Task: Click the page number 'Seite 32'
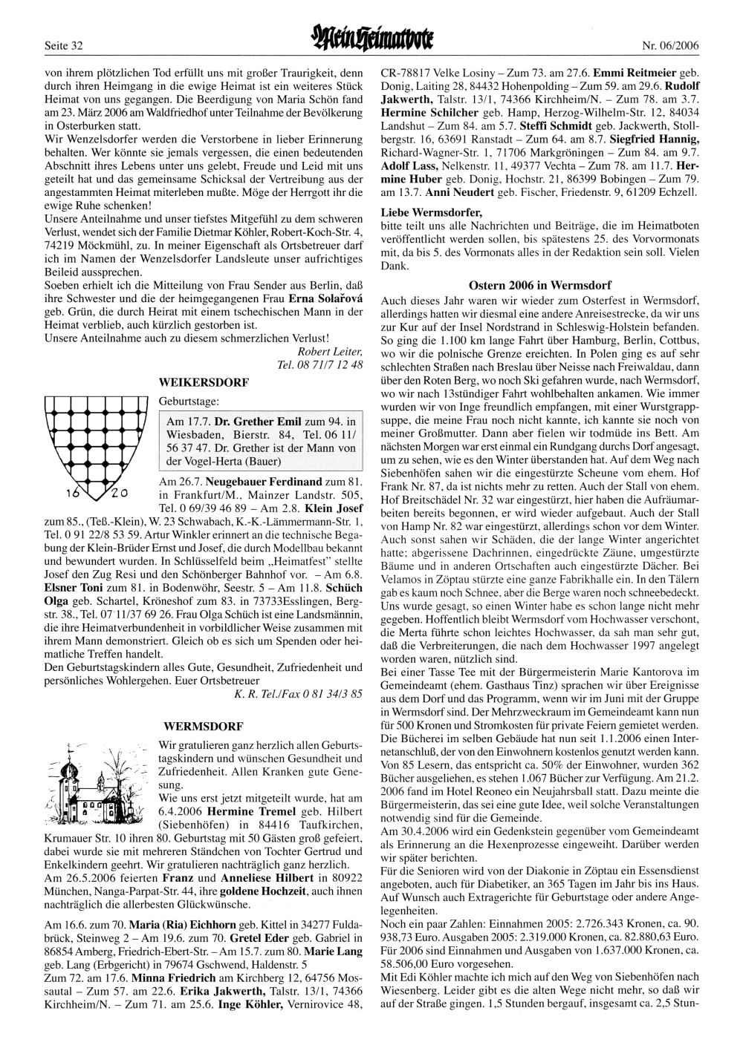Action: pyautogui.click(x=63, y=46)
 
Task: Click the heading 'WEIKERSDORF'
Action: pyautogui.click(x=204, y=381)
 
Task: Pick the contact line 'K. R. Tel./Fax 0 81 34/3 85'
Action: pyautogui.click(x=298, y=695)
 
